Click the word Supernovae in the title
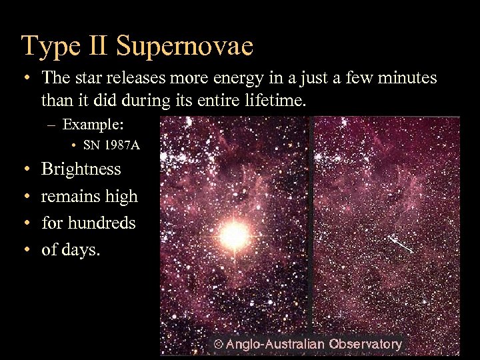point(184,46)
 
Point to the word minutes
point(407,78)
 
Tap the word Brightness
point(81,169)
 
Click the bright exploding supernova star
point(234,234)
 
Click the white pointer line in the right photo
point(402,245)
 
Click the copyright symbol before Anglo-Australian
point(217,345)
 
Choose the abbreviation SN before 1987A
point(90,145)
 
